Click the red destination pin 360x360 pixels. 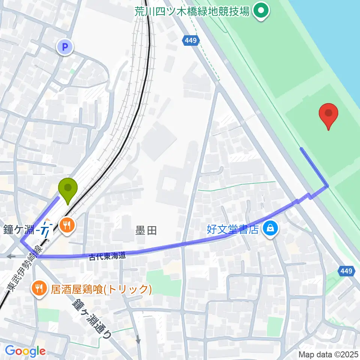(328, 114)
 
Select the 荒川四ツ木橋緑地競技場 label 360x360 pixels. (192, 12)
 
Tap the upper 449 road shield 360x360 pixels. (191, 40)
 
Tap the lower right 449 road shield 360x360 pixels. (347, 271)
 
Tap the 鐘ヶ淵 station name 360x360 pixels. (19, 229)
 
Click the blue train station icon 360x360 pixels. (46, 230)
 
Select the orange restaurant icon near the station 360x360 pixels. (68, 225)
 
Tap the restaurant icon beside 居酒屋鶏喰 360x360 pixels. (39, 288)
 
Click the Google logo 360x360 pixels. (25, 351)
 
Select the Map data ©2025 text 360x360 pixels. (328, 354)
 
